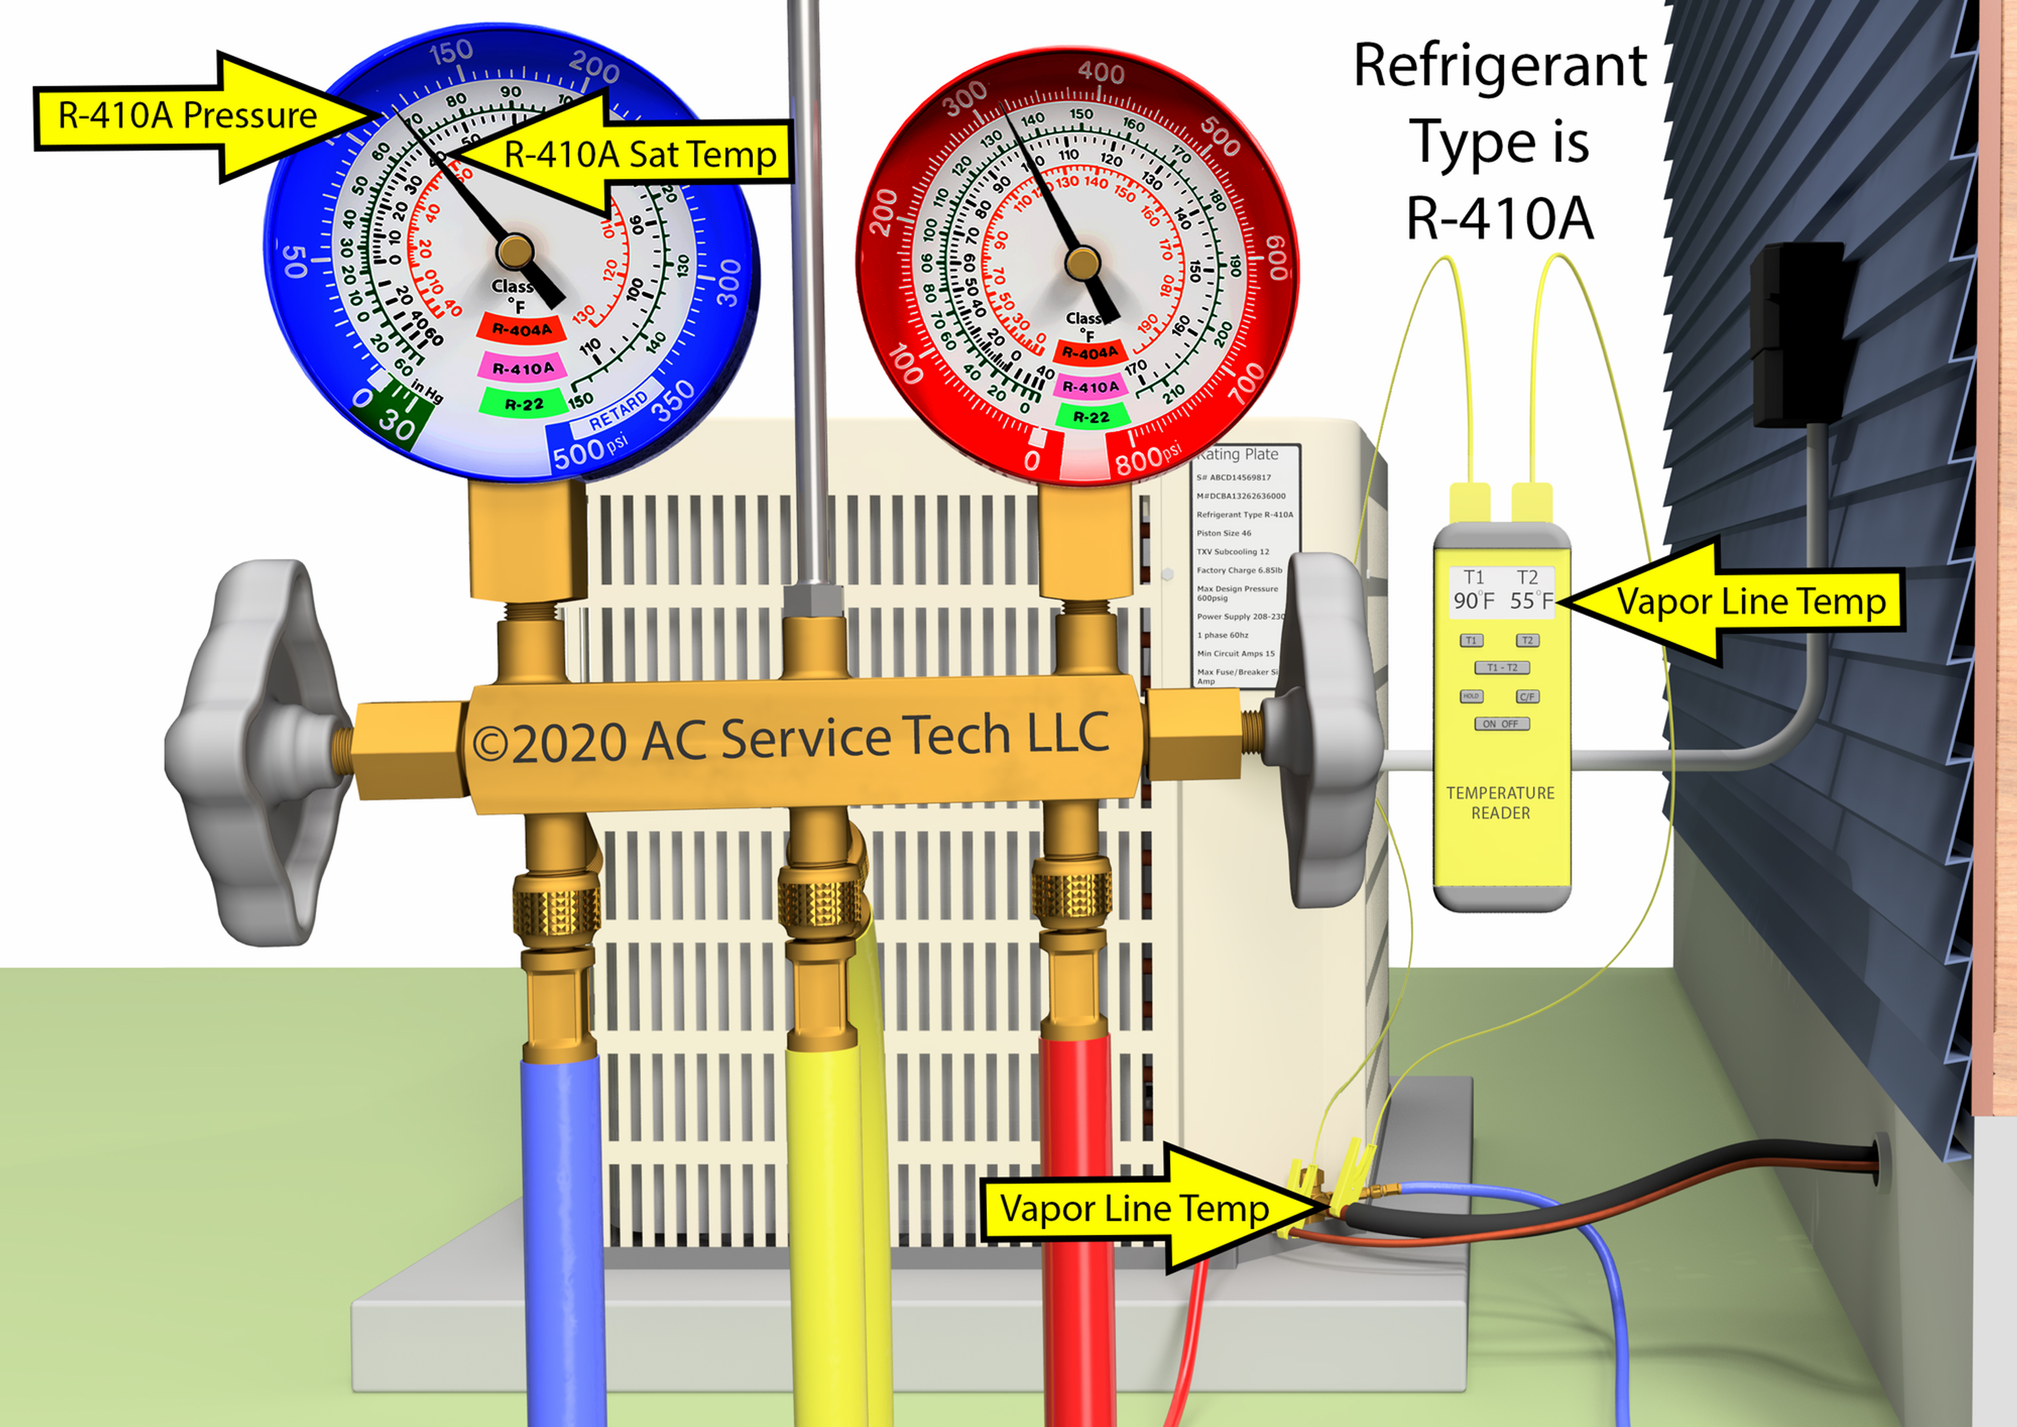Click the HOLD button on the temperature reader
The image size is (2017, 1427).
1471,696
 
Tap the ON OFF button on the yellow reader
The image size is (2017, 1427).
1501,724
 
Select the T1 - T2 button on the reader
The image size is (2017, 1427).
1501,668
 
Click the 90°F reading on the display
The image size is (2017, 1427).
1473,601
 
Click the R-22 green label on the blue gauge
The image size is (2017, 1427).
524,404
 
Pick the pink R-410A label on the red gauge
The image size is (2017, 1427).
1090,386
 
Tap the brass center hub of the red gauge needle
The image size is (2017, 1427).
1082,262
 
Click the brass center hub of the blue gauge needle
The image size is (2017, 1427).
515,251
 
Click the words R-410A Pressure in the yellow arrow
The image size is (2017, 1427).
187,116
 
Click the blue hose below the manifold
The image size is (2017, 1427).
562,1230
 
